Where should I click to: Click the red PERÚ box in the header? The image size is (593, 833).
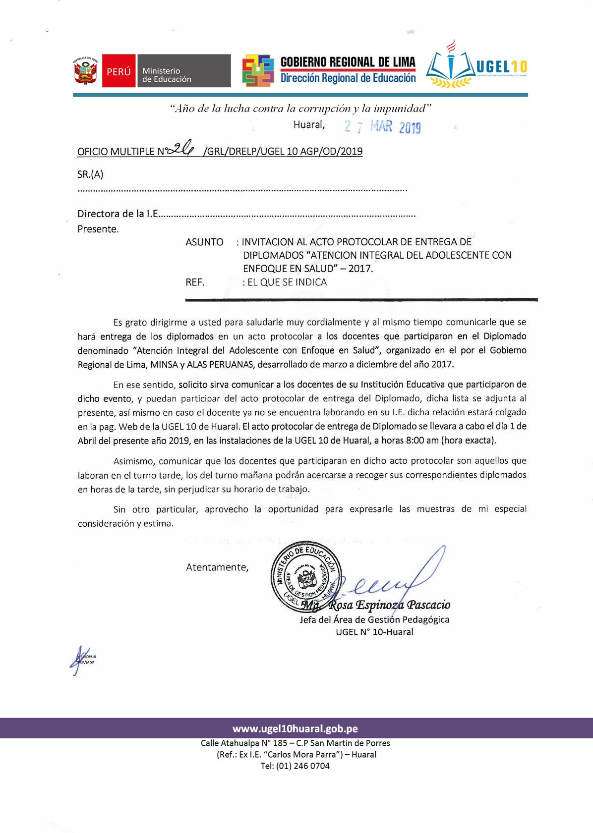point(119,71)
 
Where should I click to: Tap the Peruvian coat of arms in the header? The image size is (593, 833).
point(86,71)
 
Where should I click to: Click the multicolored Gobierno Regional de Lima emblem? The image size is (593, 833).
point(258,70)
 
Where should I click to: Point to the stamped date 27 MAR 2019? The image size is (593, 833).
point(383,127)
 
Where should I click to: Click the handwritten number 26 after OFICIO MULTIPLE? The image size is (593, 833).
point(182,148)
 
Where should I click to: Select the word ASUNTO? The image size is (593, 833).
point(204,242)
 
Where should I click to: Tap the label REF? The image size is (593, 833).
point(195,282)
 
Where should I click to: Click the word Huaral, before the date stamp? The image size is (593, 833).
point(309,125)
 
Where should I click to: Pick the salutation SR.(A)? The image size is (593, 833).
point(90,174)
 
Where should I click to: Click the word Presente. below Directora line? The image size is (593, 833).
point(98,229)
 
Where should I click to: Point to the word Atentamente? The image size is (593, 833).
point(217,567)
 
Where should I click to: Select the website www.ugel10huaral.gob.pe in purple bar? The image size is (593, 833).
point(296,728)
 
